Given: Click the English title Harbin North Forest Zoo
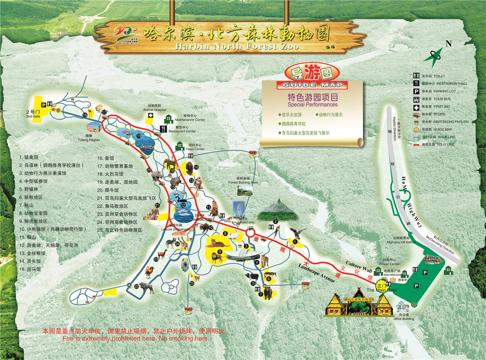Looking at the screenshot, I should click(x=237, y=46).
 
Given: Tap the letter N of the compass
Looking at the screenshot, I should click(x=448, y=44).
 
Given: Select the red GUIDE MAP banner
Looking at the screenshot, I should click(x=312, y=85).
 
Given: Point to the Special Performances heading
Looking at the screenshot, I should click(x=312, y=105).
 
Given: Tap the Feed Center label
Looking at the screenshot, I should click(x=195, y=149).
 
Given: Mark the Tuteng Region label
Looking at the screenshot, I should click(x=89, y=139).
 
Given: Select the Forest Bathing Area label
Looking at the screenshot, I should click(x=243, y=182).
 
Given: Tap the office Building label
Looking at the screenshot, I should click(x=404, y=319).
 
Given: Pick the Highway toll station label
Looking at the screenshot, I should click(x=401, y=242).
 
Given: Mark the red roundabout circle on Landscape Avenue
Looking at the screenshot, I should click(x=250, y=233).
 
